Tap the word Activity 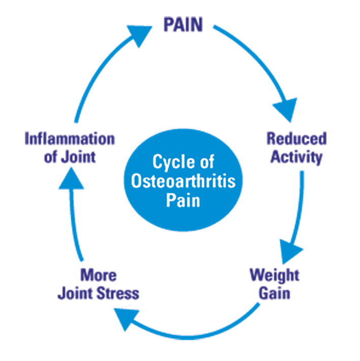(296, 157)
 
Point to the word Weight (274, 275)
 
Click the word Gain (275, 293)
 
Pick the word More (99, 275)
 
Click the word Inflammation (70, 138)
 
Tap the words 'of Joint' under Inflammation (70, 156)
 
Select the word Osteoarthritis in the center (183, 181)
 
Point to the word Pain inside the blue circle (183, 199)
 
